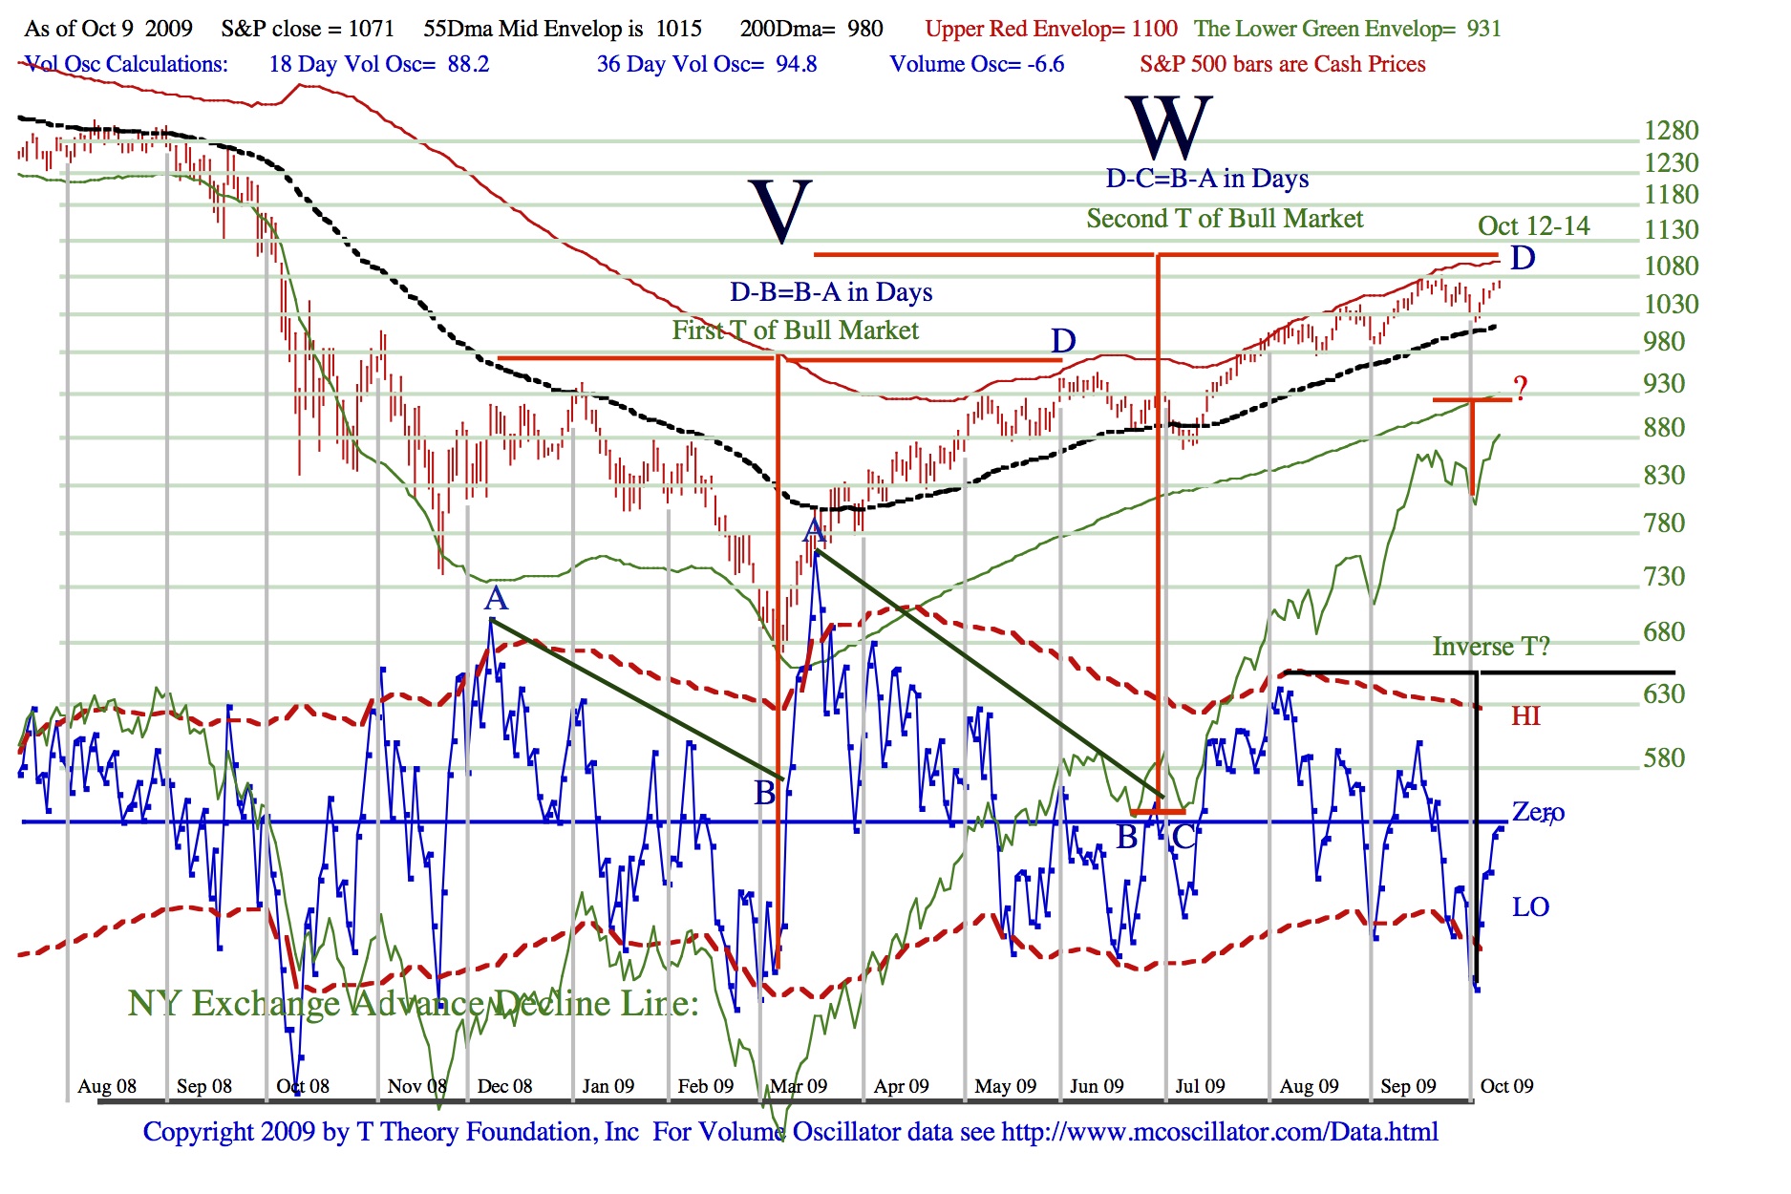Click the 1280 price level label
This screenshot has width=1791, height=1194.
pos(1671,130)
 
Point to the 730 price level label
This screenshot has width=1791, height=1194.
pos(1664,576)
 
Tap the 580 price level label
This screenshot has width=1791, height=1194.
pos(1664,757)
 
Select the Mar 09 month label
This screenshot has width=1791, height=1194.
pos(799,1086)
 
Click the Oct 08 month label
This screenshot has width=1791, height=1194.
pos(302,1086)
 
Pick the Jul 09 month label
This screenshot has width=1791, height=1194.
pos(1200,1086)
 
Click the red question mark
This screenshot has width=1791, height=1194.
pos(1520,388)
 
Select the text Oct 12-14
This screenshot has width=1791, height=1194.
pos(1533,226)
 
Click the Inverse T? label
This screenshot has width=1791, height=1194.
pos(1490,647)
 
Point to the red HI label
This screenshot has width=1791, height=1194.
pos(1525,716)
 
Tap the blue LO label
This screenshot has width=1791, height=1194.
pos(1530,906)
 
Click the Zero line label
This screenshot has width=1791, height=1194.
pos(1537,812)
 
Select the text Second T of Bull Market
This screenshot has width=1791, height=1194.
pos(1225,219)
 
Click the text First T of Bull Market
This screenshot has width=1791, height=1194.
pos(795,330)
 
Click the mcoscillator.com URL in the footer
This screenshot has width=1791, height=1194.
pos(1219,1132)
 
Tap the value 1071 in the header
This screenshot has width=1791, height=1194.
pos(371,29)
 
